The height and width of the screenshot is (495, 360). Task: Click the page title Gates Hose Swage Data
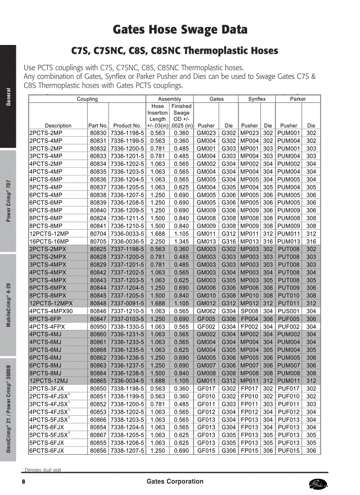tap(180, 30)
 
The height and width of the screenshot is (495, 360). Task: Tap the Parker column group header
tap(298, 99)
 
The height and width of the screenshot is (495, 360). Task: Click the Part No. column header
tap(98, 125)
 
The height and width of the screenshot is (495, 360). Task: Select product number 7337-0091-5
tap(127, 303)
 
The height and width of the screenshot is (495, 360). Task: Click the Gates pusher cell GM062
tap(206, 311)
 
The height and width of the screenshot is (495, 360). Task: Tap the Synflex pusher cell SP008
tap(249, 311)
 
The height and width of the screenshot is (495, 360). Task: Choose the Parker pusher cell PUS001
tap(289, 311)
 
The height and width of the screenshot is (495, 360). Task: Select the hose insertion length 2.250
tap(157, 242)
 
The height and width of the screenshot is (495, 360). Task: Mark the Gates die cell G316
tap(229, 242)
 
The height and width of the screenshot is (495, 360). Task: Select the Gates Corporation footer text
tap(175, 481)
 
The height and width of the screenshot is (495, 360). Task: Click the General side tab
tap(8, 97)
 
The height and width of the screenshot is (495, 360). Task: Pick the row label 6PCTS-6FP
tap(45, 319)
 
